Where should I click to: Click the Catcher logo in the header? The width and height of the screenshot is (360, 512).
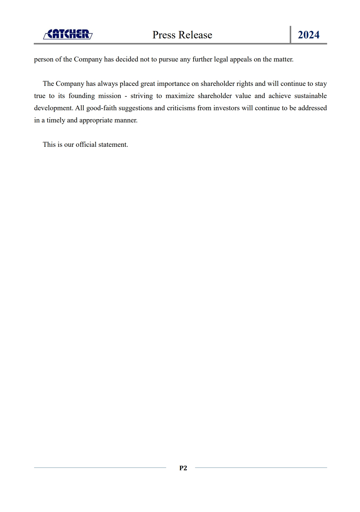click(68, 34)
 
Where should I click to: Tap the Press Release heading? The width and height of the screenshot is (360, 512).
click(182, 35)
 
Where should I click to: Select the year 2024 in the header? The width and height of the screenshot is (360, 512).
click(308, 35)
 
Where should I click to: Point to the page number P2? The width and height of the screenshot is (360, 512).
click(183, 468)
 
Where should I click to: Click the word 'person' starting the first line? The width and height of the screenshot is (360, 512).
click(44, 59)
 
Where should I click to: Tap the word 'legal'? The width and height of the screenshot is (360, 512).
click(221, 59)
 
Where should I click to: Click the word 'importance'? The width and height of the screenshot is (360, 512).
click(173, 84)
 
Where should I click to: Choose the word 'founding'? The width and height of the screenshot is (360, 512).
click(82, 96)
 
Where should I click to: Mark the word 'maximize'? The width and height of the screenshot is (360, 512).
click(180, 96)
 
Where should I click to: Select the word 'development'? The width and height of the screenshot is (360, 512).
click(53, 108)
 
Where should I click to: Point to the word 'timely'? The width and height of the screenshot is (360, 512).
click(56, 120)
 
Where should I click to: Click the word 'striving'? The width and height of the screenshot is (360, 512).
click(142, 96)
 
